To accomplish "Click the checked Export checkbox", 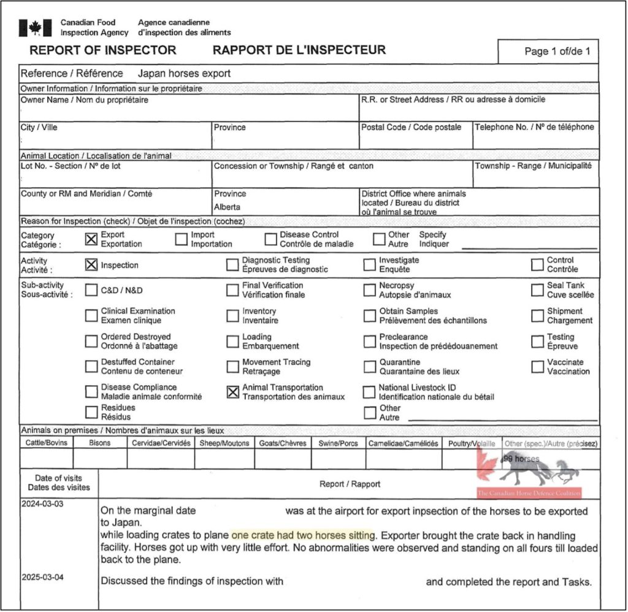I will click(91, 239).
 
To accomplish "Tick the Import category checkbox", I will click(181, 239).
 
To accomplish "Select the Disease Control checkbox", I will click(270, 239).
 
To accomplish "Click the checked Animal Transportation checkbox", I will click(232, 392).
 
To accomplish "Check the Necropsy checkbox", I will click(369, 290).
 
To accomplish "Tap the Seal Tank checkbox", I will click(537, 290).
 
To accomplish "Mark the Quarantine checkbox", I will click(369, 367).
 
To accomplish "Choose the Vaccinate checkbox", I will click(537, 367).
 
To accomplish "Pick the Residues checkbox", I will click(91, 411).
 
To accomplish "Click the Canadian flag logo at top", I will click(35, 28).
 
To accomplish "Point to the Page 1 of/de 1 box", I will click(557, 52).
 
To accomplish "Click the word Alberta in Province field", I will click(227, 207).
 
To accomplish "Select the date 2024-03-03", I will click(41, 503).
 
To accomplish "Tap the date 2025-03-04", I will click(41, 578).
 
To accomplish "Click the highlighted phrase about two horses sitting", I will click(303, 535).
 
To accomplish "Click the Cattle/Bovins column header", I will click(47, 443).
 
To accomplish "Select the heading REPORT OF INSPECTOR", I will click(103, 50).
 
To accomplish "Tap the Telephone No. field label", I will click(534, 128).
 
